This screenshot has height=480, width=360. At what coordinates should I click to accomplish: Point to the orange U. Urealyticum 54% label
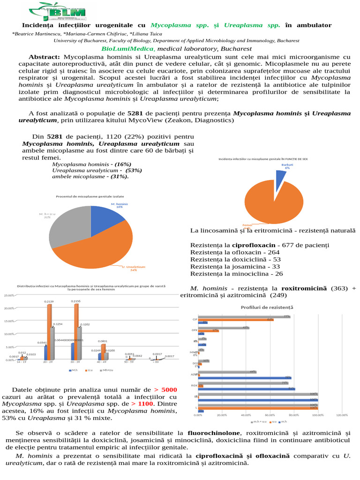[134, 268]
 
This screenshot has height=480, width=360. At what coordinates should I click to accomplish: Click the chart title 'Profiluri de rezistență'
[267, 307]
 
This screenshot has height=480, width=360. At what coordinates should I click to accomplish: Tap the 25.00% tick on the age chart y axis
[9, 295]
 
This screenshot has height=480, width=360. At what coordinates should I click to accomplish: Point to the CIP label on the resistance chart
[194, 320]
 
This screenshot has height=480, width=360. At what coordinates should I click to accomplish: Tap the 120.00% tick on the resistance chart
[342, 415]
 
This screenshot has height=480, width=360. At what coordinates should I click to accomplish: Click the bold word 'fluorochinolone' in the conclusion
[214, 432]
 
